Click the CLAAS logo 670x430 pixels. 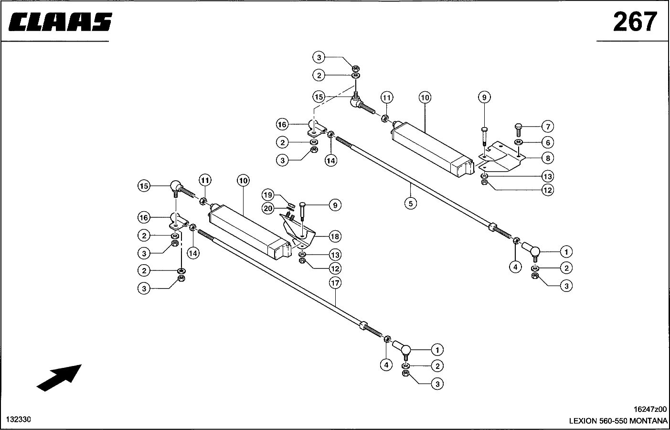(x=60, y=22)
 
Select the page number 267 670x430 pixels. (x=635, y=21)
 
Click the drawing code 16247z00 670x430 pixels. (x=650, y=409)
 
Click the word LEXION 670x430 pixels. (x=583, y=421)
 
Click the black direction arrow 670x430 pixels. (x=59, y=377)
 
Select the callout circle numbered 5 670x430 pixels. (x=410, y=203)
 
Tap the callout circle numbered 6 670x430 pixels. (x=547, y=142)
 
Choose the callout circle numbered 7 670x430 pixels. (x=547, y=127)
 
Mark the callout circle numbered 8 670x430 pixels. (x=547, y=158)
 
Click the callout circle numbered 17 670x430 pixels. (x=335, y=283)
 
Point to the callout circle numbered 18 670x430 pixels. (x=335, y=236)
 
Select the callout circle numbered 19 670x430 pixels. (x=268, y=195)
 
